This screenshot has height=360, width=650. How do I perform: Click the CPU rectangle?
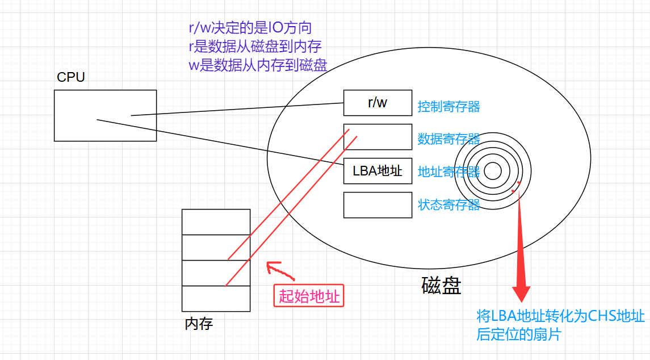coord(105,115)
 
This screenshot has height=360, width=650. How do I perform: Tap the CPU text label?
coord(71,77)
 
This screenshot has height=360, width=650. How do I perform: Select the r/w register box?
coord(378,103)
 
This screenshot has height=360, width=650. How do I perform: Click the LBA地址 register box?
coord(378,171)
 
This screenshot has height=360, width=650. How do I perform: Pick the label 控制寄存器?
coord(448,106)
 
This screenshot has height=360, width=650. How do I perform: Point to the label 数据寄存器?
coord(448,139)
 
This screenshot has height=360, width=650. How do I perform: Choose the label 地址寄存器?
coord(448,171)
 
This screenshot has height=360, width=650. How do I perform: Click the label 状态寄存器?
coord(448,204)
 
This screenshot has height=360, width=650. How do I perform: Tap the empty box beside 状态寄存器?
coord(378,205)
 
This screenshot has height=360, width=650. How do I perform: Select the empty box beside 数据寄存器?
coord(378,137)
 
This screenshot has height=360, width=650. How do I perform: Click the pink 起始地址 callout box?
coord(309,295)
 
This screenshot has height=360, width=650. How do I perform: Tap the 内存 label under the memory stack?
coord(199,324)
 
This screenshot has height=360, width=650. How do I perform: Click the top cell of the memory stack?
coord(216,222)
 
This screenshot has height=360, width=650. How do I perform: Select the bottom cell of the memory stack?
coord(216,299)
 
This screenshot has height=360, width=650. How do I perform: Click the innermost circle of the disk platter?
coord(492,171)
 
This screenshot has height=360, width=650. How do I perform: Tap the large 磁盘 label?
coord(441,285)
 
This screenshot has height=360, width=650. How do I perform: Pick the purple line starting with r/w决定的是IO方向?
coord(250,28)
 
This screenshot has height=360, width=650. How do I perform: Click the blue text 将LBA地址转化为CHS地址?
coord(560,316)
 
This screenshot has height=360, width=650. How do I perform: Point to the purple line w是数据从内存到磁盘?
coord(258,64)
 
